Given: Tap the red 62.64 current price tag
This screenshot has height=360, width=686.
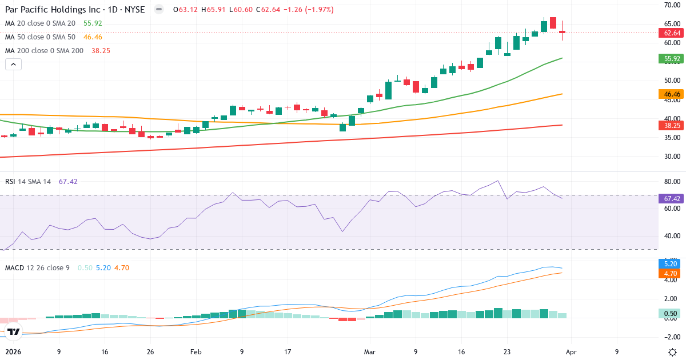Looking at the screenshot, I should click(x=672, y=33).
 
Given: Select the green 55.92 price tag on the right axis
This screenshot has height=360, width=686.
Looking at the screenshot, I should click(x=672, y=58).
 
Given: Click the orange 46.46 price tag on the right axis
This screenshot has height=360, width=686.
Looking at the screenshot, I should click(x=672, y=94).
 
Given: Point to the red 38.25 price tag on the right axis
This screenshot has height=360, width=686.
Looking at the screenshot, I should click(x=672, y=125).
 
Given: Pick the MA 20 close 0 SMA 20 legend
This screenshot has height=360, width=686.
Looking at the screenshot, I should click(x=40, y=23).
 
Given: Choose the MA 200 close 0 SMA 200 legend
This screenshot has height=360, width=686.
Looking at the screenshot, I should click(x=44, y=51).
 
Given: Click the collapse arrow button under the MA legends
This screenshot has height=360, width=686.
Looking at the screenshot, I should click(x=13, y=65).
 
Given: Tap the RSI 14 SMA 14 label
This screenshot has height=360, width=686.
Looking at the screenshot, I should click(x=28, y=181).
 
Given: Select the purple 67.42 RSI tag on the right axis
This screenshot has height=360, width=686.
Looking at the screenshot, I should click(x=672, y=198).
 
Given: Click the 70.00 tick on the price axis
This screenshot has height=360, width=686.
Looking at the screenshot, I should click(x=672, y=5).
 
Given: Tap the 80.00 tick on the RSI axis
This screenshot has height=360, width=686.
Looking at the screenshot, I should click(x=672, y=182).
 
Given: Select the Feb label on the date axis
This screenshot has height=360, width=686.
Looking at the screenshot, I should click(x=196, y=352).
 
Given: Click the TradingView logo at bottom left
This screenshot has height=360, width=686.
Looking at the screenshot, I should click(x=14, y=331).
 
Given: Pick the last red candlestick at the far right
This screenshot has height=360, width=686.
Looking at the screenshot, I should click(x=563, y=32).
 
